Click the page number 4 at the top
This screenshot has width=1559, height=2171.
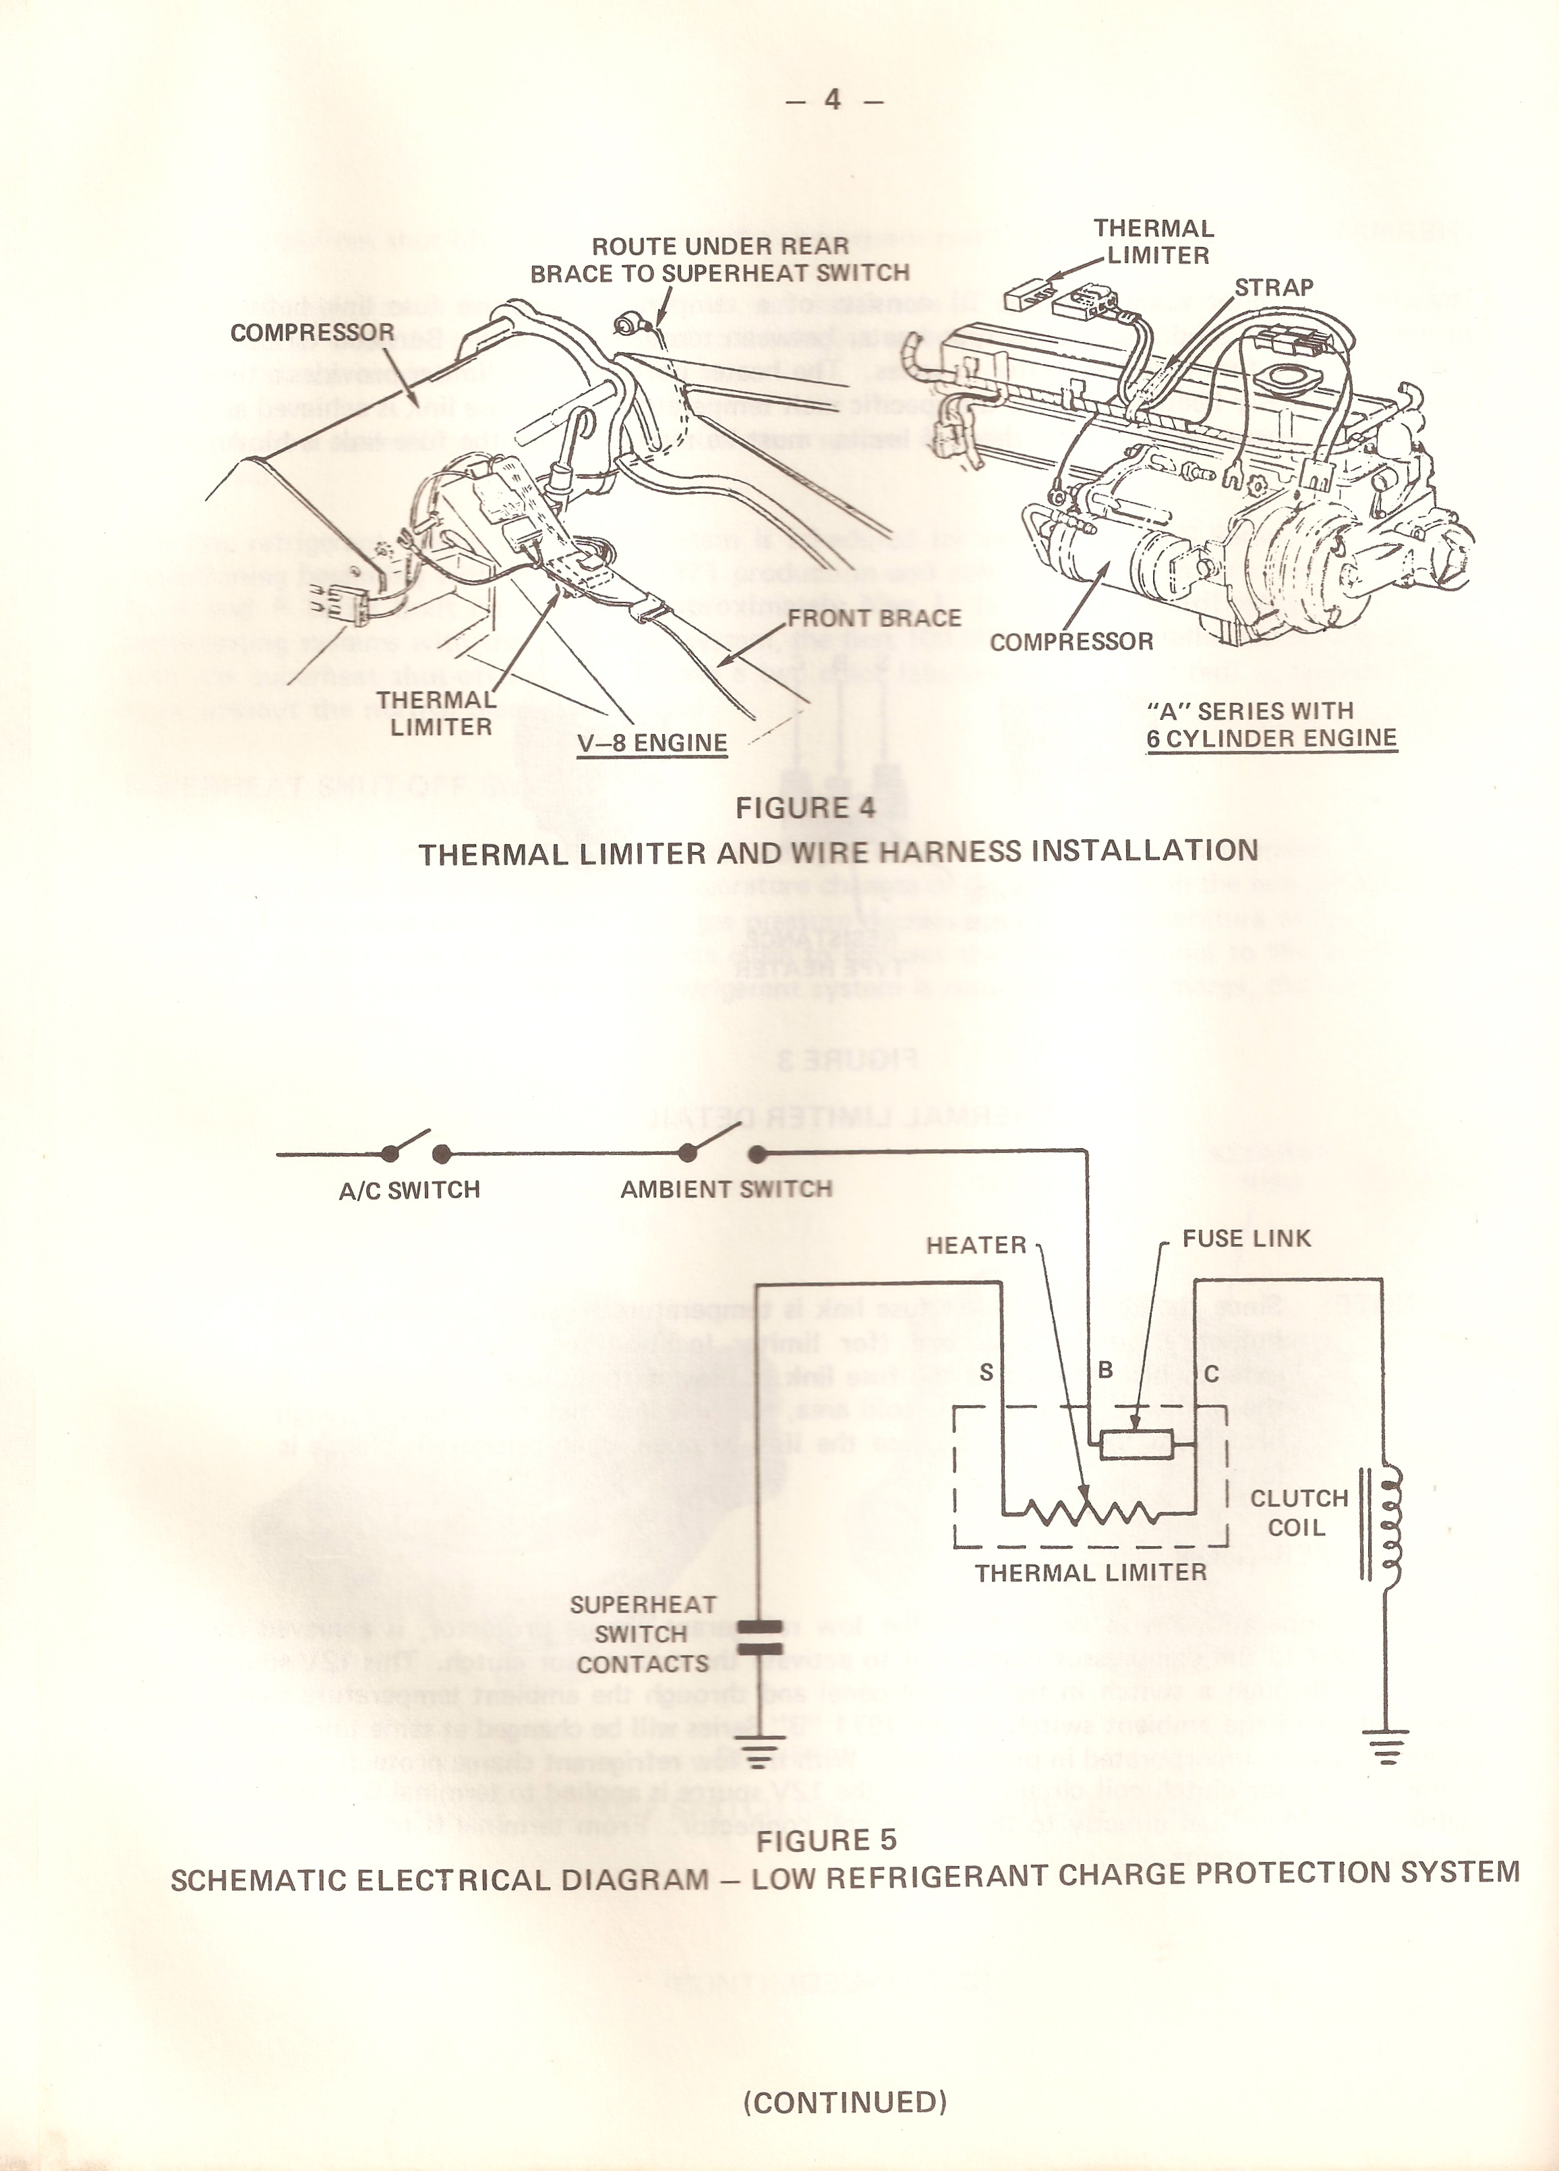tap(833, 100)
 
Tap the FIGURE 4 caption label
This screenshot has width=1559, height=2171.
tap(805, 808)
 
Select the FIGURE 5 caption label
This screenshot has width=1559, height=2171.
tap(826, 1840)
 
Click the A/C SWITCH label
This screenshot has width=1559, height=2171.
tap(409, 1190)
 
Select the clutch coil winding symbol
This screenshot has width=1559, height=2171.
tap(1387, 1523)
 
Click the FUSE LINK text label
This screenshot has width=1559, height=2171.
tap(1246, 1238)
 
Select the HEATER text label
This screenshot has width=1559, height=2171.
tap(975, 1245)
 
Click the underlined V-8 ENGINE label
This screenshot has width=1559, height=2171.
tap(652, 743)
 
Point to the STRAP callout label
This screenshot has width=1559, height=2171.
tap(1273, 287)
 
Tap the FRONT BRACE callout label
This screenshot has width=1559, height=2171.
tap(874, 619)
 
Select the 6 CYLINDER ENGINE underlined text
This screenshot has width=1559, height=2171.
tap(1272, 738)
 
